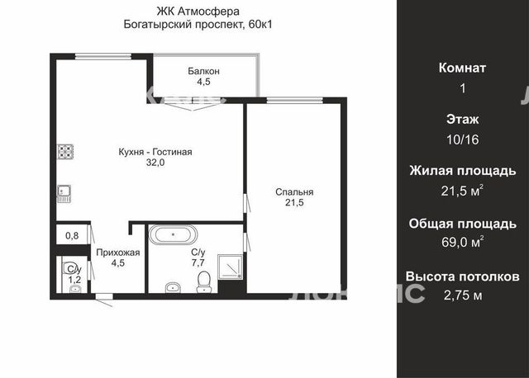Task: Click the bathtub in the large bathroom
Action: (x=173, y=234)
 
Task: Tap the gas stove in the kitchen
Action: (x=65, y=152)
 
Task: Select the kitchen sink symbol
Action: (x=64, y=194)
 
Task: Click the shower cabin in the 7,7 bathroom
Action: (x=231, y=267)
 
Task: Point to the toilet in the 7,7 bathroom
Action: (x=203, y=282)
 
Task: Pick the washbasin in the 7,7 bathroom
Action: (x=174, y=287)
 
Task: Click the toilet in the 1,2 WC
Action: (x=69, y=268)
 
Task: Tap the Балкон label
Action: (x=204, y=71)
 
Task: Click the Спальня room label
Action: (x=294, y=191)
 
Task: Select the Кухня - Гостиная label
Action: (x=155, y=152)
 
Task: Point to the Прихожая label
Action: (x=118, y=253)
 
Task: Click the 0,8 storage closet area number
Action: (x=72, y=235)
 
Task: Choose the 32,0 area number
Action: (x=155, y=163)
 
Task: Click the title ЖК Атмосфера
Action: (x=198, y=12)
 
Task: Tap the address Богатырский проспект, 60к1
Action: (x=198, y=24)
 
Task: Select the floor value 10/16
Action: (x=463, y=139)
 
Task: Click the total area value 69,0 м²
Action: (x=463, y=242)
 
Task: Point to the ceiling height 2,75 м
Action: (x=463, y=295)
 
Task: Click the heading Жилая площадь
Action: (x=463, y=171)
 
